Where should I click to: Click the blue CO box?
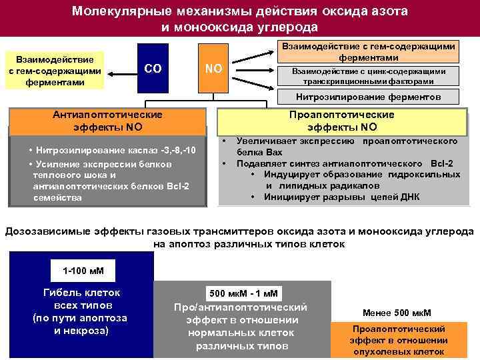[153, 69]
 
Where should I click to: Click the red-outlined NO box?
[214, 69]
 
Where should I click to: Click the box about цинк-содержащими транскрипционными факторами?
[369, 76]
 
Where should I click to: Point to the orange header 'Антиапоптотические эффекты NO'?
[107, 121]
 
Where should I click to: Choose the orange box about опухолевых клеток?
[398, 340]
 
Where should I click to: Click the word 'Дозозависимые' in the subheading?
[44, 231]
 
